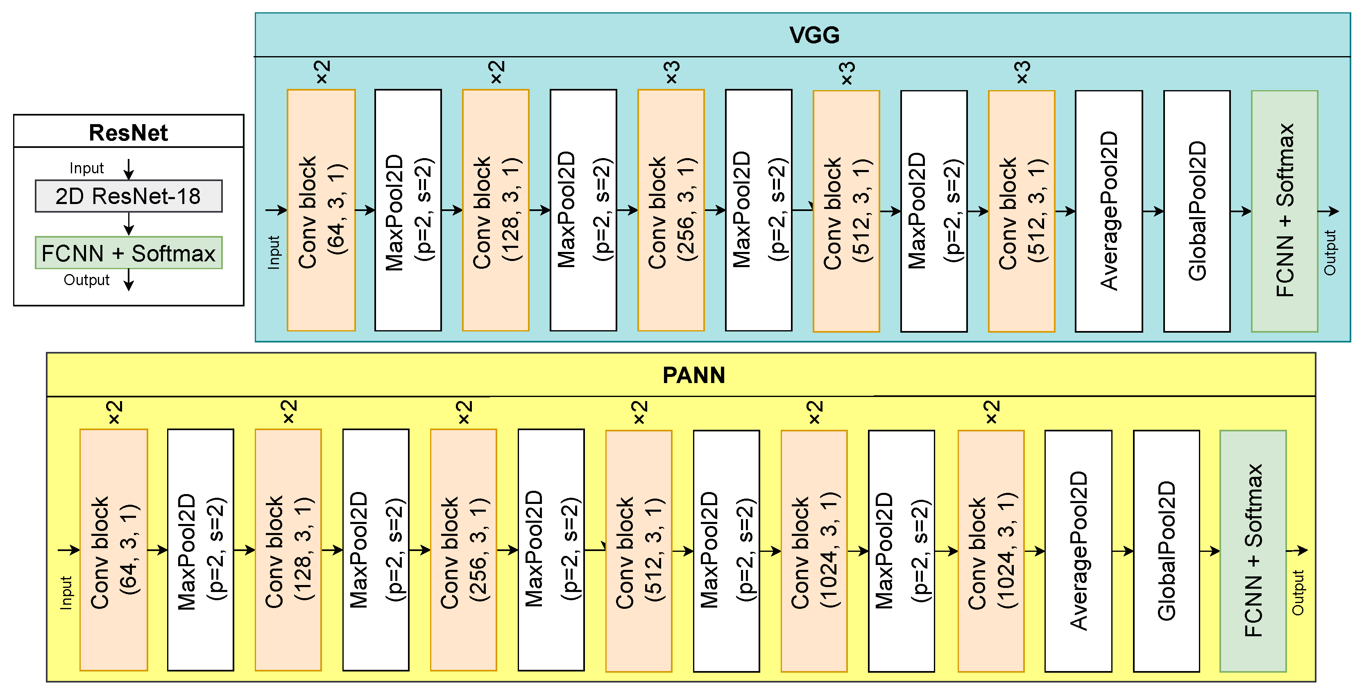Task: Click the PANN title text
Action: (x=693, y=376)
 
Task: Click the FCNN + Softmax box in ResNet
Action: (x=128, y=253)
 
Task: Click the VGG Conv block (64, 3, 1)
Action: (x=321, y=210)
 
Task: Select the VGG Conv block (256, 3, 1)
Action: (x=671, y=210)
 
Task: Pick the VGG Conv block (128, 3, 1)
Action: (x=496, y=210)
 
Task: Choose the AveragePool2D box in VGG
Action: (x=1109, y=211)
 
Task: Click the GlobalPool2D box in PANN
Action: (x=1166, y=551)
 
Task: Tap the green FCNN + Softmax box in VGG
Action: (x=1285, y=211)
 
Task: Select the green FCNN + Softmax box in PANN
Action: (x=1253, y=551)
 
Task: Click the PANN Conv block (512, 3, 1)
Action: (x=639, y=551)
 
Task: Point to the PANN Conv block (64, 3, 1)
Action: (x=113, y=550)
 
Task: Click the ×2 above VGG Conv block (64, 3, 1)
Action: (x=322, y=72)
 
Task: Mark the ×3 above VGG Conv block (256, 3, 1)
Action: (x=671, y=72)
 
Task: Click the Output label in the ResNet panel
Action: (x=86, y=280)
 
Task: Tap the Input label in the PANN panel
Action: (x=66, y=593)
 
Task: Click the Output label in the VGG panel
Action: (x=1330, y=253)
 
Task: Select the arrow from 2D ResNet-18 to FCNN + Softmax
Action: (x=129, y=224)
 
